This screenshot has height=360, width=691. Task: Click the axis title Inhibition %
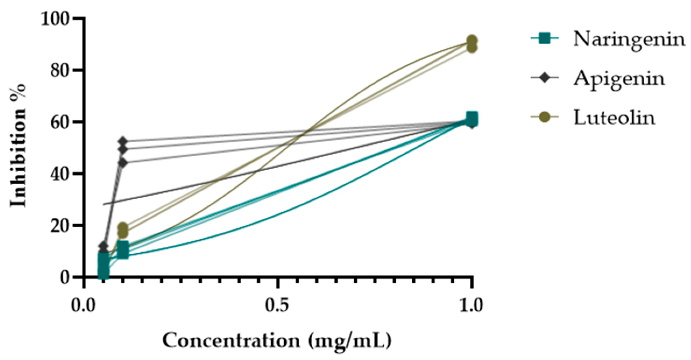18,145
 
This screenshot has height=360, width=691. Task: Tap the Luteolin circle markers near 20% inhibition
123,230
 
